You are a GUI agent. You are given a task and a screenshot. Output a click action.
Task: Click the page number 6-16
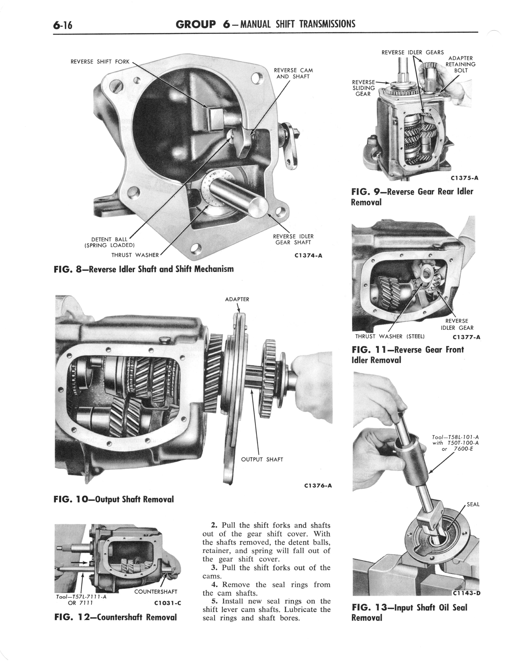(63, 25)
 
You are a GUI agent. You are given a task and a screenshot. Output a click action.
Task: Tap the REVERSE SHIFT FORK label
(100, 62)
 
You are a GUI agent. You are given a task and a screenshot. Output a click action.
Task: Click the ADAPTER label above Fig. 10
(237, 299)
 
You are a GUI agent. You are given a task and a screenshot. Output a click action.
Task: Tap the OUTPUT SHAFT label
(262, 459)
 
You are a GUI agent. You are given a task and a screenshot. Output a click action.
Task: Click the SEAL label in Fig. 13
(473, 504)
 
